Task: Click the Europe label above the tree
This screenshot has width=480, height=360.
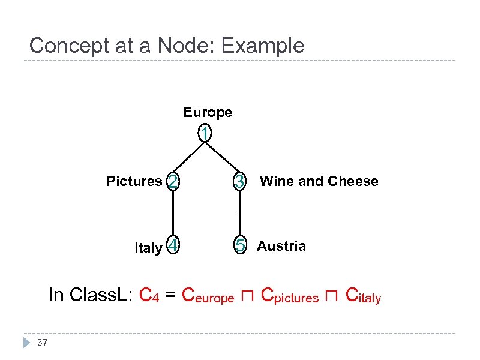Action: click(x=208, y=112)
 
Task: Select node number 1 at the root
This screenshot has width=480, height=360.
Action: click(x=205, y=134)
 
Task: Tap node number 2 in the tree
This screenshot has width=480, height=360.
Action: click(x=173, y=181)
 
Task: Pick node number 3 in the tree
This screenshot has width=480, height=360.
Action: click(x=239, y=181)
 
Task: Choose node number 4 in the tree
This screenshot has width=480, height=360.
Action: click(x=173, y=246)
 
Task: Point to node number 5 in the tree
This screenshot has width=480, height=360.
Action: click(x=240, y=246)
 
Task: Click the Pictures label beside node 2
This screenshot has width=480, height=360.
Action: click(x=134, y=181)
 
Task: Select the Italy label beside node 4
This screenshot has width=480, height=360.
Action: click(x=148, y=248)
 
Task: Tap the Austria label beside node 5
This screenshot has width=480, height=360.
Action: click(x=281, y=246)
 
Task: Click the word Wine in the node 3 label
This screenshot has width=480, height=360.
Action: click(x=274, y=181)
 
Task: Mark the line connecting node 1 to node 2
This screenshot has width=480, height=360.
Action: click(x=188, y=157)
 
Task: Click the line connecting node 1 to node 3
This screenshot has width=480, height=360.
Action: click(x=223, y=157)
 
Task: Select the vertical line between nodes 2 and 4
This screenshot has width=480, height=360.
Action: click(x=173, y=214)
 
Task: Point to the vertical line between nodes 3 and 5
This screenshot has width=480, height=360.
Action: click(x=240, y=214)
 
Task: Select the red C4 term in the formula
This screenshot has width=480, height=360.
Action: click(x=148, y=295)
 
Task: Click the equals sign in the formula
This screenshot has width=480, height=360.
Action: click(x=170, y=295)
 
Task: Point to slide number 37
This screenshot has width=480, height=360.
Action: click(x=42, y=343)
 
